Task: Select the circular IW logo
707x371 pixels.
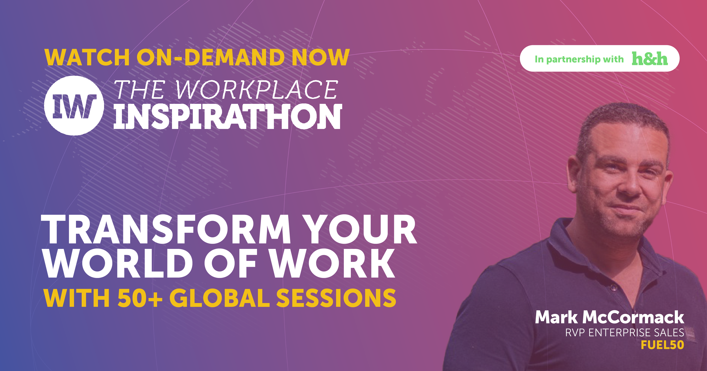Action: pyautogui.click(x=74, y=106)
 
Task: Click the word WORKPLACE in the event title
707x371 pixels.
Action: pyautogui.click(x=256, y=90)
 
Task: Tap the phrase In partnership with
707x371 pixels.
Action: pyautogui.click(x=579, y=59)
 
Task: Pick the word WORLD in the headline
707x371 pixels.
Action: pyautogui.click(x=118, y=263)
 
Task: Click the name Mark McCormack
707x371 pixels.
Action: pyautogui.click(x=609, y=317)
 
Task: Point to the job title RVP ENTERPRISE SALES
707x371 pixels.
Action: pyautogui.click(x=624, y=333)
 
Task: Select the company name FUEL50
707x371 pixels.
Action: pyautogui.click(x=662, y=345)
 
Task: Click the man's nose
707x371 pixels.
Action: pyautogui.click(x=631, y=187)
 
